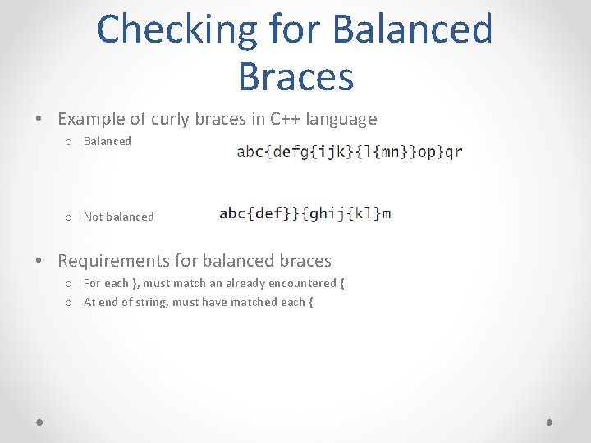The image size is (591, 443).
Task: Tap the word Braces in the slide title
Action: pyautogui.click(x=295, y=76)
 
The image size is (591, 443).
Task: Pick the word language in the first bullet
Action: pyautogui.click(x=341, y=119)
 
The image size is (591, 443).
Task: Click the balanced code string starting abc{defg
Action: pyautogui.click(x=350, y=152)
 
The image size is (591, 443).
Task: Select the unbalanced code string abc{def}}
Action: pyautogui.click(x=305, y=213)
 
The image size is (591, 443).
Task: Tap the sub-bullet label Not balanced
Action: pyautogui.click(x=118, y=217)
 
